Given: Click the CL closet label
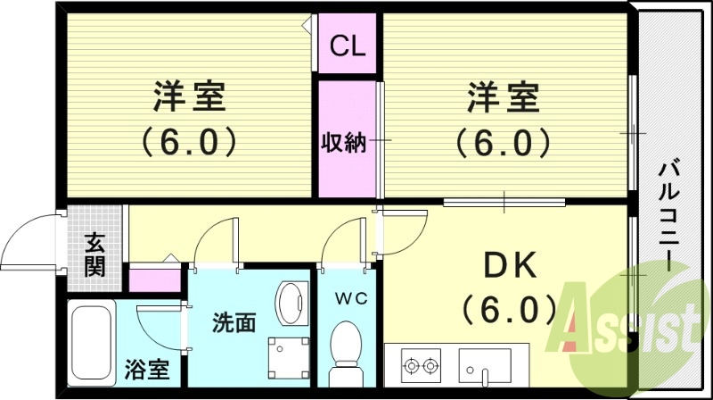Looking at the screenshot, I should click(348, 46).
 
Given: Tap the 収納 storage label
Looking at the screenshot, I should click(344, 141).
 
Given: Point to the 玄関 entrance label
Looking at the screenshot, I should click(95, 254).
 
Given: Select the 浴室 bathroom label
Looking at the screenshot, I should click(146, 369).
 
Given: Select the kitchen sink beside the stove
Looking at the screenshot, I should click(484, 365).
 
